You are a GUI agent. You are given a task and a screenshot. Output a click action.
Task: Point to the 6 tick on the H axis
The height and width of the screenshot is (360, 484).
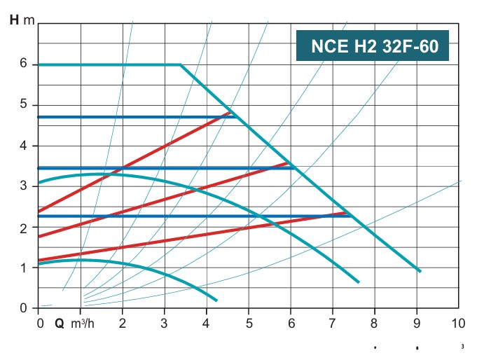coord(23,64)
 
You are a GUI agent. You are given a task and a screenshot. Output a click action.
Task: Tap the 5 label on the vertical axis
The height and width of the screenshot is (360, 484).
coord(23,105)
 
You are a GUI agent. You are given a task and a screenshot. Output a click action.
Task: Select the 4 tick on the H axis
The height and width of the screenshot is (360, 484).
coord(23,146)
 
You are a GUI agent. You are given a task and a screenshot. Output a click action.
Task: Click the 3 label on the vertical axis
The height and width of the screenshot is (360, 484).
coord(23,186)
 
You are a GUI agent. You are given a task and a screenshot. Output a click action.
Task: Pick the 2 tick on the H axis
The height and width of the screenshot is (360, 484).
coord(23,228)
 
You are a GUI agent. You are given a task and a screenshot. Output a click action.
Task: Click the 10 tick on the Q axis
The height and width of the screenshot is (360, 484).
coord(458,324)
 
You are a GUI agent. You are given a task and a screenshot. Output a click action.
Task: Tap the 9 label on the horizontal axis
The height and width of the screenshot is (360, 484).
coord(417,324)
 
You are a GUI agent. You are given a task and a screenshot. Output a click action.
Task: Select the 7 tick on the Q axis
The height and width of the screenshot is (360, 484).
coord(333,324)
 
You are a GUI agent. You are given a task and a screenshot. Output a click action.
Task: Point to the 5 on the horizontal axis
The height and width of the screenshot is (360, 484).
coord(249,324)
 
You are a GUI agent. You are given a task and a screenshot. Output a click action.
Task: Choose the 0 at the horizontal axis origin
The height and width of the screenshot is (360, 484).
coord(39,324)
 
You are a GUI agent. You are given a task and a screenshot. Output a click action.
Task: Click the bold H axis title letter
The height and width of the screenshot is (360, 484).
coord(14,19)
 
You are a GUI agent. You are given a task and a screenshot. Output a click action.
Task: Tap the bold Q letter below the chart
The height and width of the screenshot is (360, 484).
coord(60,324)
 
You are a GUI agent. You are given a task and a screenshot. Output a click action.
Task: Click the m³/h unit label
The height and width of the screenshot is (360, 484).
coord(83,324)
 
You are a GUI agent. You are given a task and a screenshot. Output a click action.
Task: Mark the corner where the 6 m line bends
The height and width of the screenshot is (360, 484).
coord(181,64)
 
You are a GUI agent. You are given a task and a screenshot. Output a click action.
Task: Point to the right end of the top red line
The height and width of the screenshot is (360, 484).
coord(231,112)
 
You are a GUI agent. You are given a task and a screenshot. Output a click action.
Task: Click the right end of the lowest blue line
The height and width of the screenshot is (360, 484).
coord(351,216)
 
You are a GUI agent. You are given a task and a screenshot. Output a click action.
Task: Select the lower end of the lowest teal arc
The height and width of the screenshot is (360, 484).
coord(216,300)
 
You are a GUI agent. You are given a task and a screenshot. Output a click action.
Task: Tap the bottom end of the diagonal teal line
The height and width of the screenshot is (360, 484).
coord(420,272)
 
